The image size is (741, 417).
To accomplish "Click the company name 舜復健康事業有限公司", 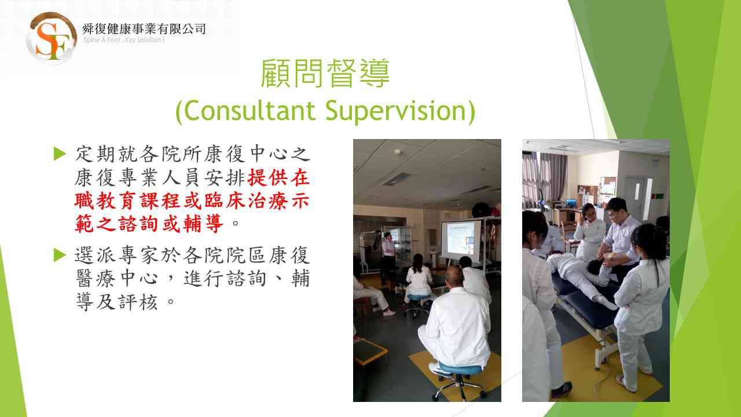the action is (144, 29).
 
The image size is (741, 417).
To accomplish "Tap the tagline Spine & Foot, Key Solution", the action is (124, 40).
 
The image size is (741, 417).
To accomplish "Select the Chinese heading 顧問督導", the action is (325, 74).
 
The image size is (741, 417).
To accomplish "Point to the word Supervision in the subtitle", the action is (396, 112).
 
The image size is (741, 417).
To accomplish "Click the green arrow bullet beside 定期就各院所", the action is (60, 153).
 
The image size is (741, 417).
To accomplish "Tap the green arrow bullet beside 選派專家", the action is (60, 255).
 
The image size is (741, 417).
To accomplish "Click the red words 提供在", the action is (278, 178).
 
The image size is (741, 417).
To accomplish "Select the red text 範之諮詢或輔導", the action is (149, 224).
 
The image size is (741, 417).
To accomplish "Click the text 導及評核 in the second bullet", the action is (116, 302).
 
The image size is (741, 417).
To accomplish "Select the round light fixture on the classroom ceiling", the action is (398, 152).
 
